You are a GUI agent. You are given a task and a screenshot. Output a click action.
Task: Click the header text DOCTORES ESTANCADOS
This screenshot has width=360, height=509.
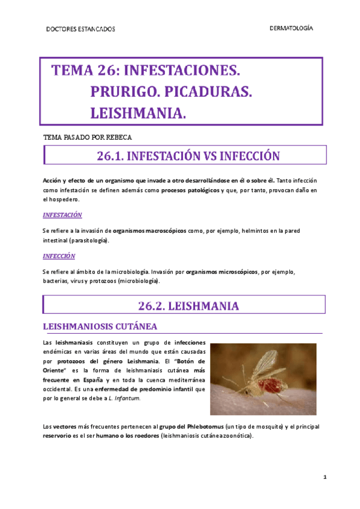tap(80, 29)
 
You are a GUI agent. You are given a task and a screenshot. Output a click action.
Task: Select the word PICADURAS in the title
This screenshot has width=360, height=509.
tap(207, 92)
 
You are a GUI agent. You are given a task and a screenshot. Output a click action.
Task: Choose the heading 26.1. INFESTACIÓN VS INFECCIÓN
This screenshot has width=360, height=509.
tap(188, 157)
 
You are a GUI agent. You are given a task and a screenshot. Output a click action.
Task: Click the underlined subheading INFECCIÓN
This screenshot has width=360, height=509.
tap(59, 256)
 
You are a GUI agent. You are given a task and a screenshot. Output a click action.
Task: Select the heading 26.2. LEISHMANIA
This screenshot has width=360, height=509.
tap(188, 306)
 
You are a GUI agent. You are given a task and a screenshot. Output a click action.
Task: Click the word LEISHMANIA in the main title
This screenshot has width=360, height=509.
tap(138, 112)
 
